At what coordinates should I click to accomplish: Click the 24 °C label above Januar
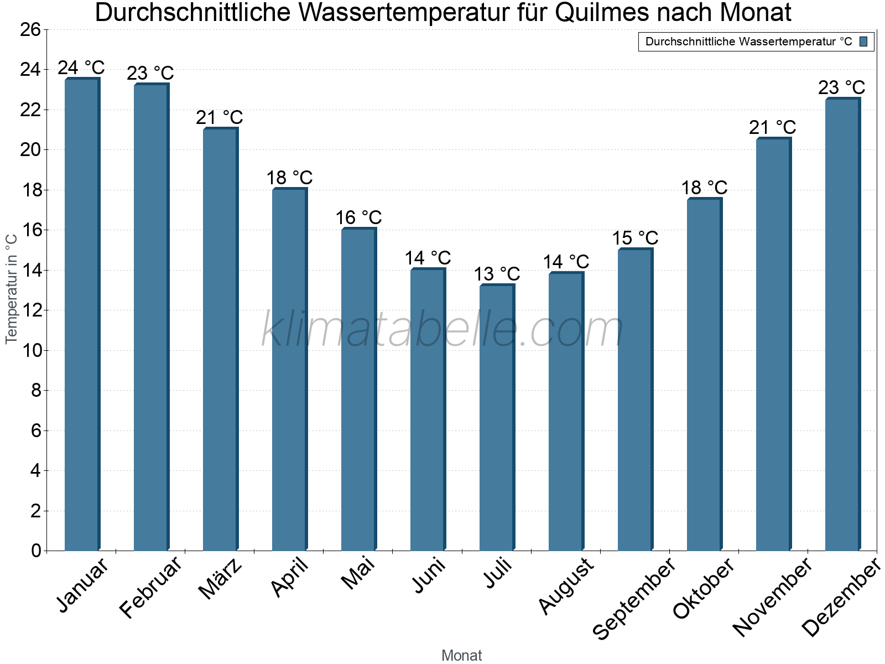81,68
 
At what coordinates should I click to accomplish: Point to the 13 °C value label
497,274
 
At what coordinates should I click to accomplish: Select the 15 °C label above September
635,238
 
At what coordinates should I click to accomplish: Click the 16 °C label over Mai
358,217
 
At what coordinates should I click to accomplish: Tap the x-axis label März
220,579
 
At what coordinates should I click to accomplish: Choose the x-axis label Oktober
704,588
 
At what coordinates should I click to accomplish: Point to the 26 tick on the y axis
31,30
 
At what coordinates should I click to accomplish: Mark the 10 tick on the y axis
31,351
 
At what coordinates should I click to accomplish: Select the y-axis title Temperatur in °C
12,289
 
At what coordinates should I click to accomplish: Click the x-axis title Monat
461,656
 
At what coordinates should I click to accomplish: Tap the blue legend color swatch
863,41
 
